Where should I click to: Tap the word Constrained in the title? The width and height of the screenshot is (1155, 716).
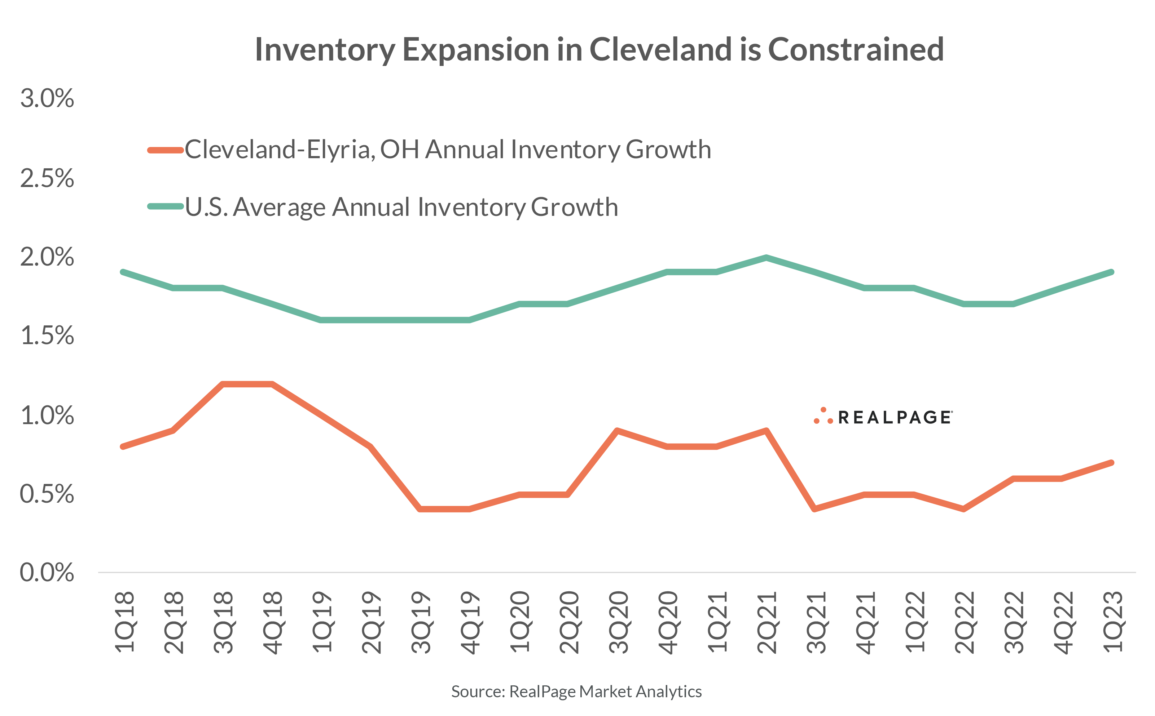tap(856, 49)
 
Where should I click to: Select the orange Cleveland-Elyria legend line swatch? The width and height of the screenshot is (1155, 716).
tap(166, 150)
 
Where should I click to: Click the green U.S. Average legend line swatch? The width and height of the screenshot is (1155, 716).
tap(166, 206)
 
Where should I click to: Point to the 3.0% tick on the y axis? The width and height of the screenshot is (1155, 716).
tap(47, 99)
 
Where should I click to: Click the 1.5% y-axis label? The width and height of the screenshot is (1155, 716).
tap(47, 336)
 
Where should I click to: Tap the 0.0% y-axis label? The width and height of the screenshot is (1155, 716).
tap(47, 573)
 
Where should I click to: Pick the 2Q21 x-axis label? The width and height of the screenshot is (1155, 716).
tap(767, 622)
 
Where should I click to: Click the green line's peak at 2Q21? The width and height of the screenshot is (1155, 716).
tap(767, 258)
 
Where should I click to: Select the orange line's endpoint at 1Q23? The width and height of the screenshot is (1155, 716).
tap(1111, 463)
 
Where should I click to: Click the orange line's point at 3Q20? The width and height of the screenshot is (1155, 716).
tap(617, 431)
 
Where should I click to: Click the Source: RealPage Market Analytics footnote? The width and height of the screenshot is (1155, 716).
tap(576, 692)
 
